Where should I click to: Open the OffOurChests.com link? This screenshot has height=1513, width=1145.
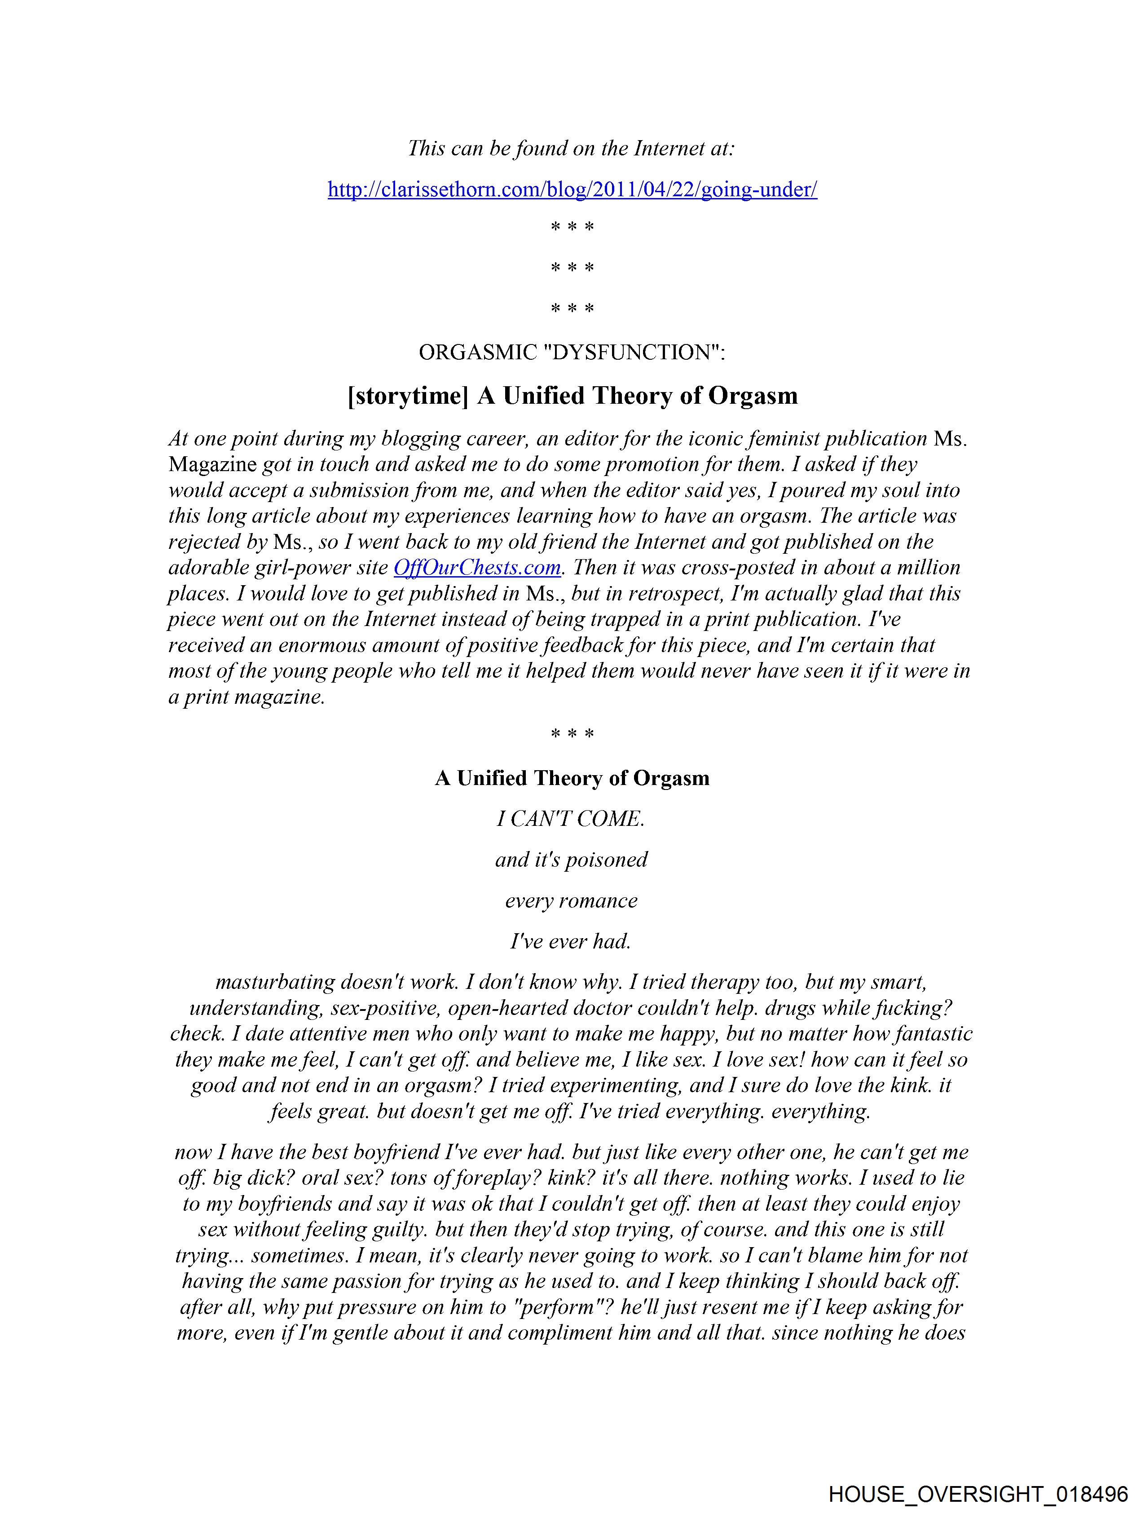click(x=477, y=568)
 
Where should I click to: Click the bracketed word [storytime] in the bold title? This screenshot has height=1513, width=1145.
click(x=408, y=396)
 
